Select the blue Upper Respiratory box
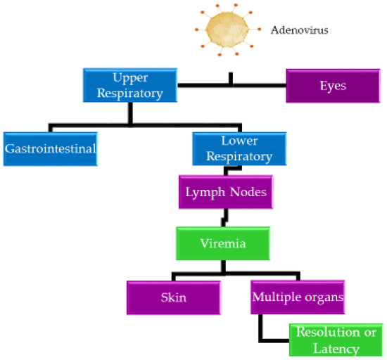pyautogui.click(x=129, y=85)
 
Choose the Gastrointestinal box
pyautogui.click(x=49, y=149)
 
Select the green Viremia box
pyautogui.click(x=223, y=243)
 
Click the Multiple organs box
pyautogui.click(x=298, y=297)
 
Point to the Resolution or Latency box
pyautogui.click(x=336, y=340)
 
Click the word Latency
pyautogui.click(x=337, y=349)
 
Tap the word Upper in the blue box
pyautogui.click(x=129, y=77)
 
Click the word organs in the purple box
pyautogui.click(x=322, y=297)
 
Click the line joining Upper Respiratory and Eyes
pyautogui.click(x=231, y=85)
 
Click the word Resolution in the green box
pyautogui.click(x=336, y=333)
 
